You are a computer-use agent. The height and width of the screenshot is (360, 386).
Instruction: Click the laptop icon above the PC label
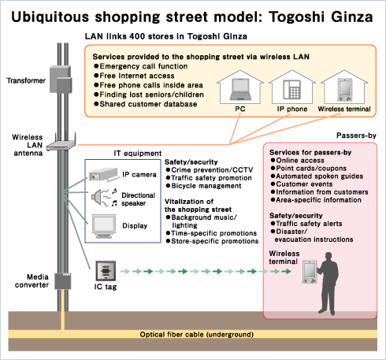(240, 89)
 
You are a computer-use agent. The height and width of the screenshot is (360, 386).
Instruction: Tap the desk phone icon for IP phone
(291, 90)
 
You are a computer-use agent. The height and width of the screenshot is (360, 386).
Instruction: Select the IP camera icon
(103, 174)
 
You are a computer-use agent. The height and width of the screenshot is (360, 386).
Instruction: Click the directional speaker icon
(104, 197)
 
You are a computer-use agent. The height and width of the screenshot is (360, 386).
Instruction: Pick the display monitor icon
(104, 226)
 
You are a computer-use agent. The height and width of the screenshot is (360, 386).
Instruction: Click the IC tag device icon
(106, 271)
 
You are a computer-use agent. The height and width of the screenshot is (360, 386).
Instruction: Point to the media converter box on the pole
(63, 281)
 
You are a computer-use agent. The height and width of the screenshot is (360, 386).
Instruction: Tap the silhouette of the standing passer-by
(328, 284)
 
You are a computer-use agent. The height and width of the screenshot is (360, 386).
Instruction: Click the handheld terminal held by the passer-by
(310, 272)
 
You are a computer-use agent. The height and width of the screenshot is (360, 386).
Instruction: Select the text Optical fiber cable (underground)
(197, 335)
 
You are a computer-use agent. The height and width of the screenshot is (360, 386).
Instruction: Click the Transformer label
(26, 80)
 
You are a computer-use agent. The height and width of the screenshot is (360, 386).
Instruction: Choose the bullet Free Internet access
(134, 76)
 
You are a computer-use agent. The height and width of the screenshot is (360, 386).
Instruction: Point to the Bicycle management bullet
(203, 186)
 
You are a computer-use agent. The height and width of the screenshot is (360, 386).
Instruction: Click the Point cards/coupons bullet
(309, 169)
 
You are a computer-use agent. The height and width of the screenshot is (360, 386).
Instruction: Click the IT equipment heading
(138, 154)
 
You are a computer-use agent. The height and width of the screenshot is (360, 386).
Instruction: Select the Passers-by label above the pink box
(356, 135)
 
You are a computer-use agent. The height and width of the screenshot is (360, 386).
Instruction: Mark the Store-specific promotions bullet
(212, 241)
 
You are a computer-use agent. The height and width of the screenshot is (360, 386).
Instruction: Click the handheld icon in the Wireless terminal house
(344, 90)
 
